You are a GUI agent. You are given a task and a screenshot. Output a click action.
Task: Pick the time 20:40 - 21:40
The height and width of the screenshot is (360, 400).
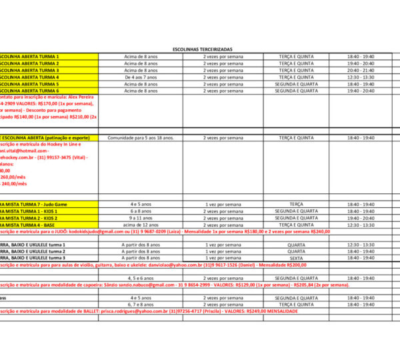click(x=361, y=70)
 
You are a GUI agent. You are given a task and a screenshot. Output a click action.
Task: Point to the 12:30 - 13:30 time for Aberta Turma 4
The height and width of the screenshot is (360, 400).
click(x=361, y=77)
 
